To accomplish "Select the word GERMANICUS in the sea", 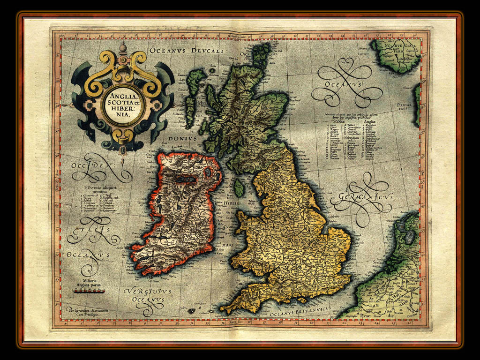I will (x=361, y=198).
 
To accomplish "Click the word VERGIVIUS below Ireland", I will (x=148, y=292).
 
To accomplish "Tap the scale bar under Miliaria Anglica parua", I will (x=88, y=291).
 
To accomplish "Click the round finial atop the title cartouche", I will (x=123, y=48).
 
